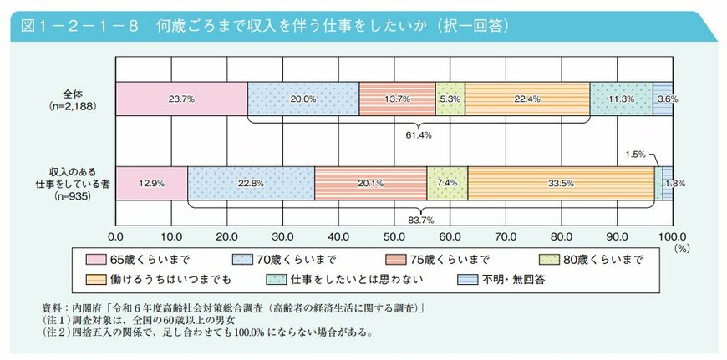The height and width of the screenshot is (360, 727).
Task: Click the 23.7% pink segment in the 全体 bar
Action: [181, 99]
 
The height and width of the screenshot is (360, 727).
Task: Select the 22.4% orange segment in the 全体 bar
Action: [527, 99]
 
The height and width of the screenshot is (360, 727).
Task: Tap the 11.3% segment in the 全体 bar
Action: [621, 99]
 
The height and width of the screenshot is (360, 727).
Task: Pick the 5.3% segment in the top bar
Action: [450, 99]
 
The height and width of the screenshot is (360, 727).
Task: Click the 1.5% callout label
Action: [636, 154]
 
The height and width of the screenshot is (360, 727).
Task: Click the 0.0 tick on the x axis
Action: [116, 236]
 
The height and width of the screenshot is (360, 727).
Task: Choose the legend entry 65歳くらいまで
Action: [146, 259]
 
